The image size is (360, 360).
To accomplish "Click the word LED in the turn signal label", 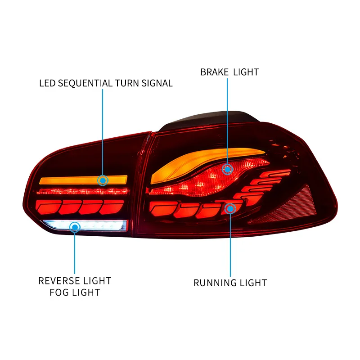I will tap(47, 83).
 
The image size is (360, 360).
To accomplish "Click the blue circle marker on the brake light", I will tap(228, 169).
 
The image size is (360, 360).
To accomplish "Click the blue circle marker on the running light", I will tap(230, 208).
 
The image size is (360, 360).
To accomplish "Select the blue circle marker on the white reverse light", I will tap(75, 227).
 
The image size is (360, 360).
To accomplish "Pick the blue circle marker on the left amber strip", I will tap(103, 180).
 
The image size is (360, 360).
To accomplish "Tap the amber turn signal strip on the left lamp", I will tap(67, 180).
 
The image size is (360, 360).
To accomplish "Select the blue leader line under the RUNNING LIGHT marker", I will tap(230, 245).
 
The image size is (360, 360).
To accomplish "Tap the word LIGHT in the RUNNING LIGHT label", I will tap(253, 283).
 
